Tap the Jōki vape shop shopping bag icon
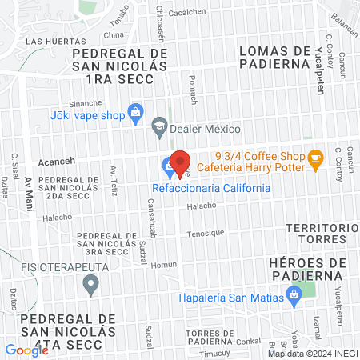[135, 113]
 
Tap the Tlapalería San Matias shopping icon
[294, 297]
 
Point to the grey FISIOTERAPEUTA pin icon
[91, 282]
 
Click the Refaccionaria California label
[211, 188]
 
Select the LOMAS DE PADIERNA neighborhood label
[274, 58]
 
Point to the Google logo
[26, 350]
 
